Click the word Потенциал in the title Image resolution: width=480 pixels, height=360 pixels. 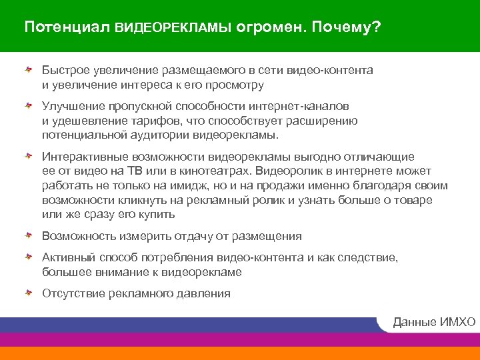pyautogui.click(x=67, y=28)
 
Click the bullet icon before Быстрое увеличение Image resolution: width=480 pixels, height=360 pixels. pyautogui.click(x=29, y=69)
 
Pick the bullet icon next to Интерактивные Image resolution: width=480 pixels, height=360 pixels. pyautogui.click(x=29, y=156)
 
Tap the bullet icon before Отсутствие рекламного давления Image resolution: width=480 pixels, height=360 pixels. pyautogui.click(x=29, y=293)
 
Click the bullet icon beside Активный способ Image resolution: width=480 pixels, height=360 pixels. pyautogui.click(x=29, y=257)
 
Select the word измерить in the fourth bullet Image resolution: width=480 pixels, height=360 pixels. pyautogui.click(x=142, y=236)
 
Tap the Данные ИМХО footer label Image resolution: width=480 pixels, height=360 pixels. pyautogui.click(x=434, y=323)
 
